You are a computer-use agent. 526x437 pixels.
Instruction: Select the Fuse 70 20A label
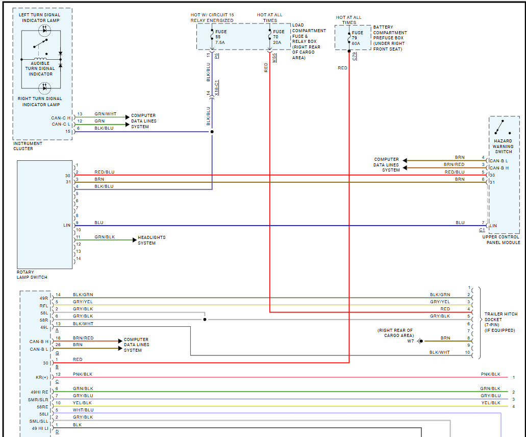[279, 37]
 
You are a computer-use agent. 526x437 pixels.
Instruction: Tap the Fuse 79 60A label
[357, 38]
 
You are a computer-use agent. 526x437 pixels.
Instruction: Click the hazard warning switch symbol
[500, 128]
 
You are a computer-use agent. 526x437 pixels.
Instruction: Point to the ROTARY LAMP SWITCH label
[32, 275]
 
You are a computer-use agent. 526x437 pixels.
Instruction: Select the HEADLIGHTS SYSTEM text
[152, 240]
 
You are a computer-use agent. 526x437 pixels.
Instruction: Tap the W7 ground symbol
[420, 341]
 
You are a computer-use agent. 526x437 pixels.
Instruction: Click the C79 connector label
[355, 56]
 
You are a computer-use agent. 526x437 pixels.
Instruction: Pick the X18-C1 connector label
[217, 88]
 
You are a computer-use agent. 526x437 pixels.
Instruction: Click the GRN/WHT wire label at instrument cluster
[105, 114]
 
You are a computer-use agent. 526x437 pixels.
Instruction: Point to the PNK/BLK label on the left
[82, 374]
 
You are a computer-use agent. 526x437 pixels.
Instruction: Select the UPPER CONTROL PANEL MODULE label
[502, 240]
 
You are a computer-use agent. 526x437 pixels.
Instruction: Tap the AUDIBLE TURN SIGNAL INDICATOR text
[40, 68]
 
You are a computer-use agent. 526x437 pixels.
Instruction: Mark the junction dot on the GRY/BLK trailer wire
[205, 320]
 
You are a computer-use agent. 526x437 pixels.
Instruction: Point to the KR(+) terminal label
[42, 377]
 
